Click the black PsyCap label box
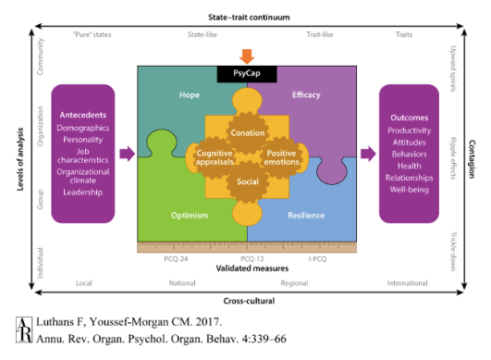[x=246, y=71]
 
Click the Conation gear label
[x=245, y=131]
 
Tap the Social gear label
[x=246, y=181]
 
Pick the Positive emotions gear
[x=283, y=155]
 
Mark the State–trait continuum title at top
[x=245, y=17]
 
